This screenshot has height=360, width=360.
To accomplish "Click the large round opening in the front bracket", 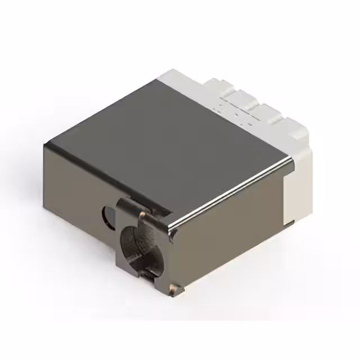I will [x=138, y=240].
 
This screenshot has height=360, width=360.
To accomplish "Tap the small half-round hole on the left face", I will [x=107, y=214].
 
